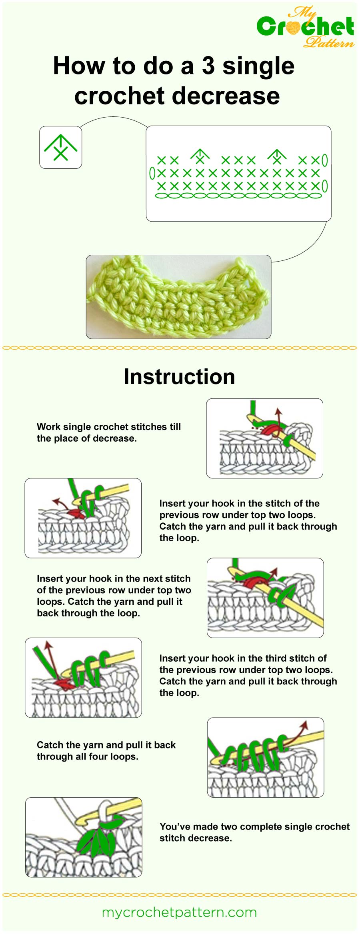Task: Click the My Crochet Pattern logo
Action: click(x=305, y=27)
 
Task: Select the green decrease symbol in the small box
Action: click(x=60, y=148)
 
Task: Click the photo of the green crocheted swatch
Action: click(x=178, y=297)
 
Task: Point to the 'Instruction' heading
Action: click(x=179, y=377)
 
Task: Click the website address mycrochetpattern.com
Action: click(x=179, y=912)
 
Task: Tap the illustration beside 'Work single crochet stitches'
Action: click(x=264, y=438)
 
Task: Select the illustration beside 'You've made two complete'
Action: click(x=84, y=837)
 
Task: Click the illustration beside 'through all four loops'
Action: click(x=265, y=757)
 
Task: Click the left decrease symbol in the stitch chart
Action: click(x=200, y=156)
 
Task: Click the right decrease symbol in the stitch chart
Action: click(x=277, y=156)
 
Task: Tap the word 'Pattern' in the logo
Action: click(x=329, y=42)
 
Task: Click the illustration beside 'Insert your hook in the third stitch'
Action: click(x=83, y=678)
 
